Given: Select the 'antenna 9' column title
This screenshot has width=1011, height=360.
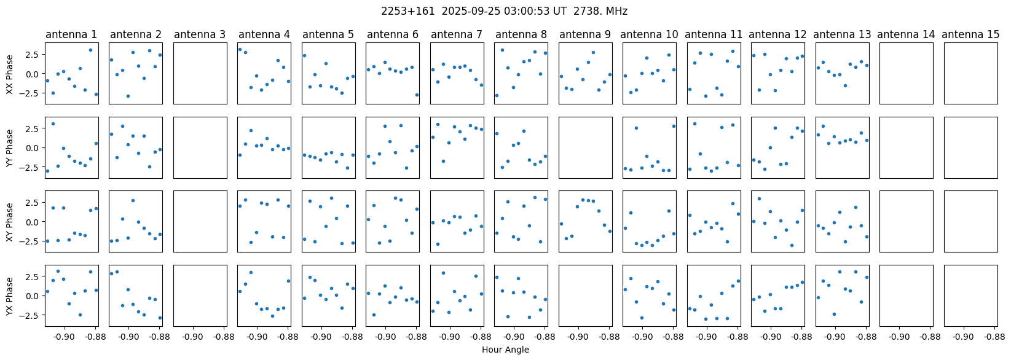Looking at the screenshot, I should [585, 35].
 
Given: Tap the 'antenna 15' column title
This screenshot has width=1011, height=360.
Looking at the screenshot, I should [970, 35].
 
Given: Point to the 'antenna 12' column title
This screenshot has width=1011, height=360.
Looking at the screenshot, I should [777, 35].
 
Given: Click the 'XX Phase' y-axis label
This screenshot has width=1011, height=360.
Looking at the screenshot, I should [10, 74].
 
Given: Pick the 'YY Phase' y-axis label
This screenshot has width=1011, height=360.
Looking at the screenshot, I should [10, 147].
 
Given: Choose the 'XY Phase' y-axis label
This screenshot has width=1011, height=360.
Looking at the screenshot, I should [10, 221].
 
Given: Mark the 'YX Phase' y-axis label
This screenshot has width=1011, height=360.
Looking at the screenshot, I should [10, 295].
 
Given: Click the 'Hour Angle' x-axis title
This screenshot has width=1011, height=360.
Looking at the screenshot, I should [505, 350].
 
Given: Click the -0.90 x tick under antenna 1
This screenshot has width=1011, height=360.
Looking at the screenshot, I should [65, 337].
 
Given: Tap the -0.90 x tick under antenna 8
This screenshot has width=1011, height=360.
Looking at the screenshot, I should [514, 337].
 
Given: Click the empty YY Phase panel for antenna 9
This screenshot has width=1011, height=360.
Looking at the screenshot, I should [585, 147].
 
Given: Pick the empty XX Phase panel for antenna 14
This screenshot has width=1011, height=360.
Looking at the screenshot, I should [907, 74].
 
